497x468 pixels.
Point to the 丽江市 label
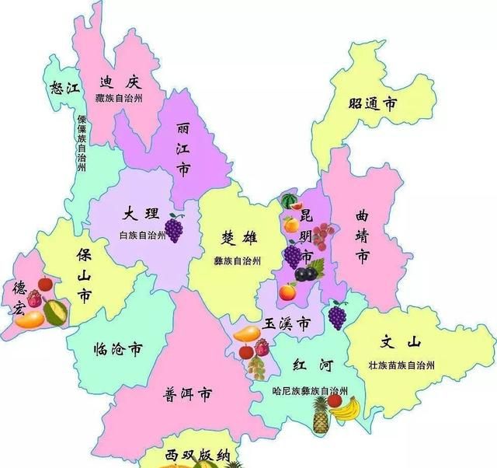click(183, 148)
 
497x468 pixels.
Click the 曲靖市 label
click(362, 234)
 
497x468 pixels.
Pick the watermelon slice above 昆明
click(290, 201)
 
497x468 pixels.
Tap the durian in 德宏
click(55, 311)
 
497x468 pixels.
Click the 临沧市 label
click(117, 349)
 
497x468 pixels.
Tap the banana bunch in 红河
click(344, 407)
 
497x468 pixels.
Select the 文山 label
click(401, 343)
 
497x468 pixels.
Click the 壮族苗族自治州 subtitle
click(401, 365)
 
